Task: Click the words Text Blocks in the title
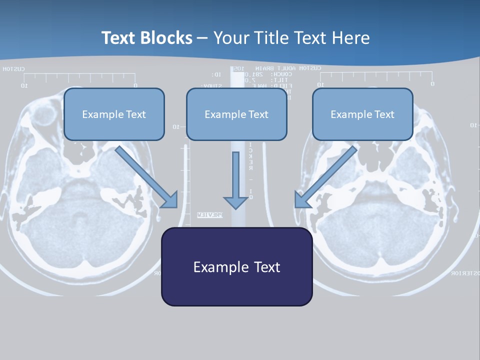click(146, 38)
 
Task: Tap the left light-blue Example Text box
click(114, 114)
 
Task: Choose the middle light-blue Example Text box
click(236, 114)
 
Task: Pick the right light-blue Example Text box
click(362, 114)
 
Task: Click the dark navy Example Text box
click(236, 266)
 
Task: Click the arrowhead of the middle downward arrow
click(236, 202)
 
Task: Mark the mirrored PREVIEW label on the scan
click(209, 215)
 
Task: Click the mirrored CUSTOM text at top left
click(12, 69)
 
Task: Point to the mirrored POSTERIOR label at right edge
click(465, 273)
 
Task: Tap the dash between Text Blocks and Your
click(202, 38)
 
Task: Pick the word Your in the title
click(231, 38)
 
